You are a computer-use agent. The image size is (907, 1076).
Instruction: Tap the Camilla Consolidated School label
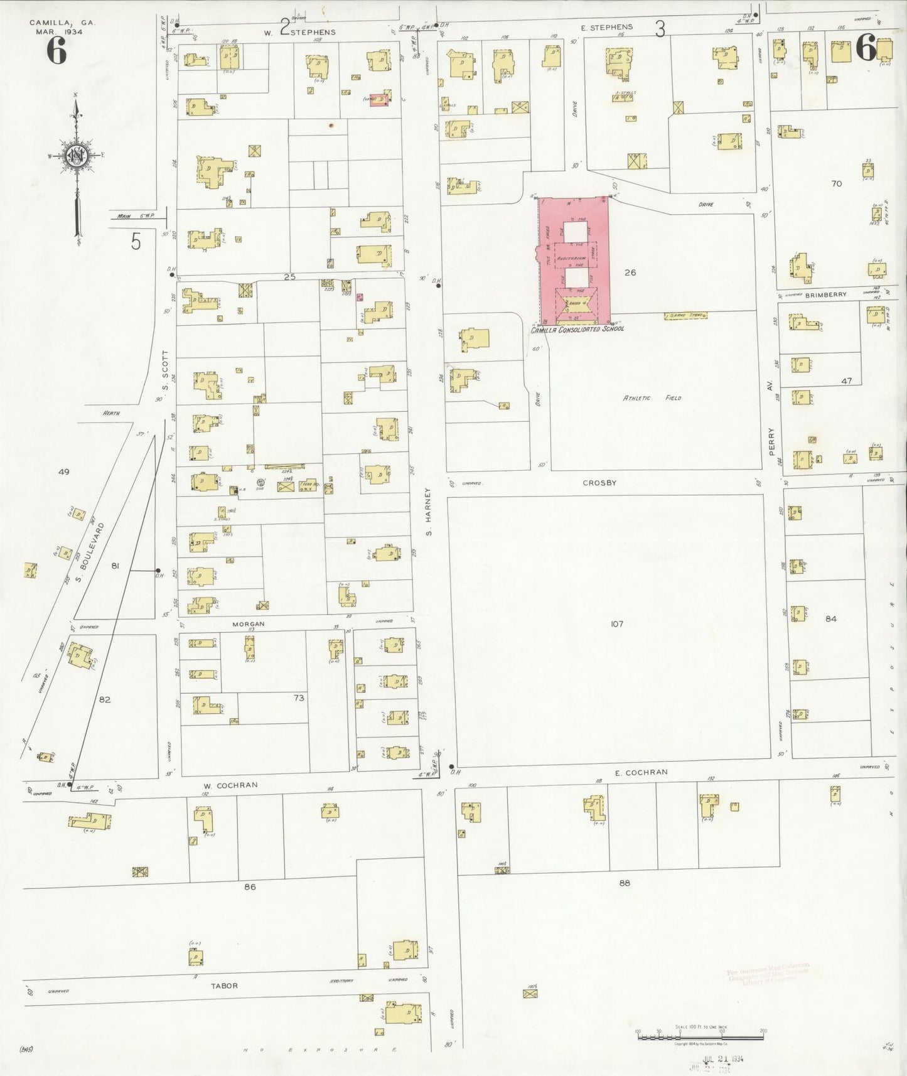point(577,329)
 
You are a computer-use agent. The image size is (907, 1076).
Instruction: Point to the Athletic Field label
point(652,398)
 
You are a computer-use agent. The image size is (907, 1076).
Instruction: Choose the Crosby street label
point(599,483)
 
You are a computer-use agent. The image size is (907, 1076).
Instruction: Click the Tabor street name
point(224,986)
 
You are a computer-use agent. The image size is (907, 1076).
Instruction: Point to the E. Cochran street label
point(641,772)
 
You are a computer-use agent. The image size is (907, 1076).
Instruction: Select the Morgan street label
point(249,624)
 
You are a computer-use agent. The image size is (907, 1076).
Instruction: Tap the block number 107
point(617,624)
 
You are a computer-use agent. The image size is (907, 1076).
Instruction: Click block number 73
point(299,698)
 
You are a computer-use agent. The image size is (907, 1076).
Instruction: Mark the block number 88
point(624,883)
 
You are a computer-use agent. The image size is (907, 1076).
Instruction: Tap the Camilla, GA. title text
point(62,22)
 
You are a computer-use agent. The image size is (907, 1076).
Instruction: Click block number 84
point(831,618)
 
